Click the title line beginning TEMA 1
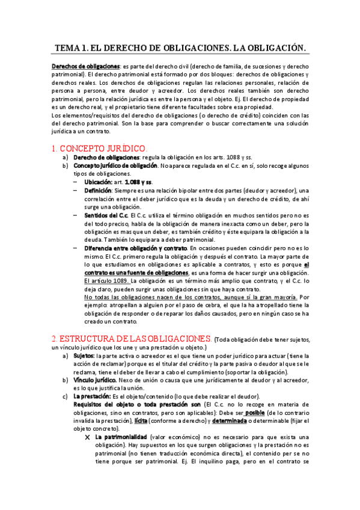pos(180,48)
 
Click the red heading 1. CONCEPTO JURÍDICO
pos(99,148)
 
